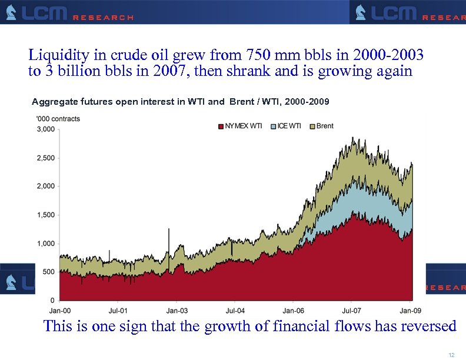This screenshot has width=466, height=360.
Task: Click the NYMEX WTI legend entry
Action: [240, 126]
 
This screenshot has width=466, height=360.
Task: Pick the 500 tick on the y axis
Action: [49, 272]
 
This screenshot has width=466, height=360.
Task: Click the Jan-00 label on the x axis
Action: [60, 310]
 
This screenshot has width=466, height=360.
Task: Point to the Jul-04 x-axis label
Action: [235, 310]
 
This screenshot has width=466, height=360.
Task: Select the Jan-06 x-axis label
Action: [293, 310]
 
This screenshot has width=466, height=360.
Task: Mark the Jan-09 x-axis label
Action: [410, 310]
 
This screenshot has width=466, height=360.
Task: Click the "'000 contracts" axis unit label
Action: [58, 118]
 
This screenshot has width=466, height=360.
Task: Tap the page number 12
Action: [451, 354]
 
